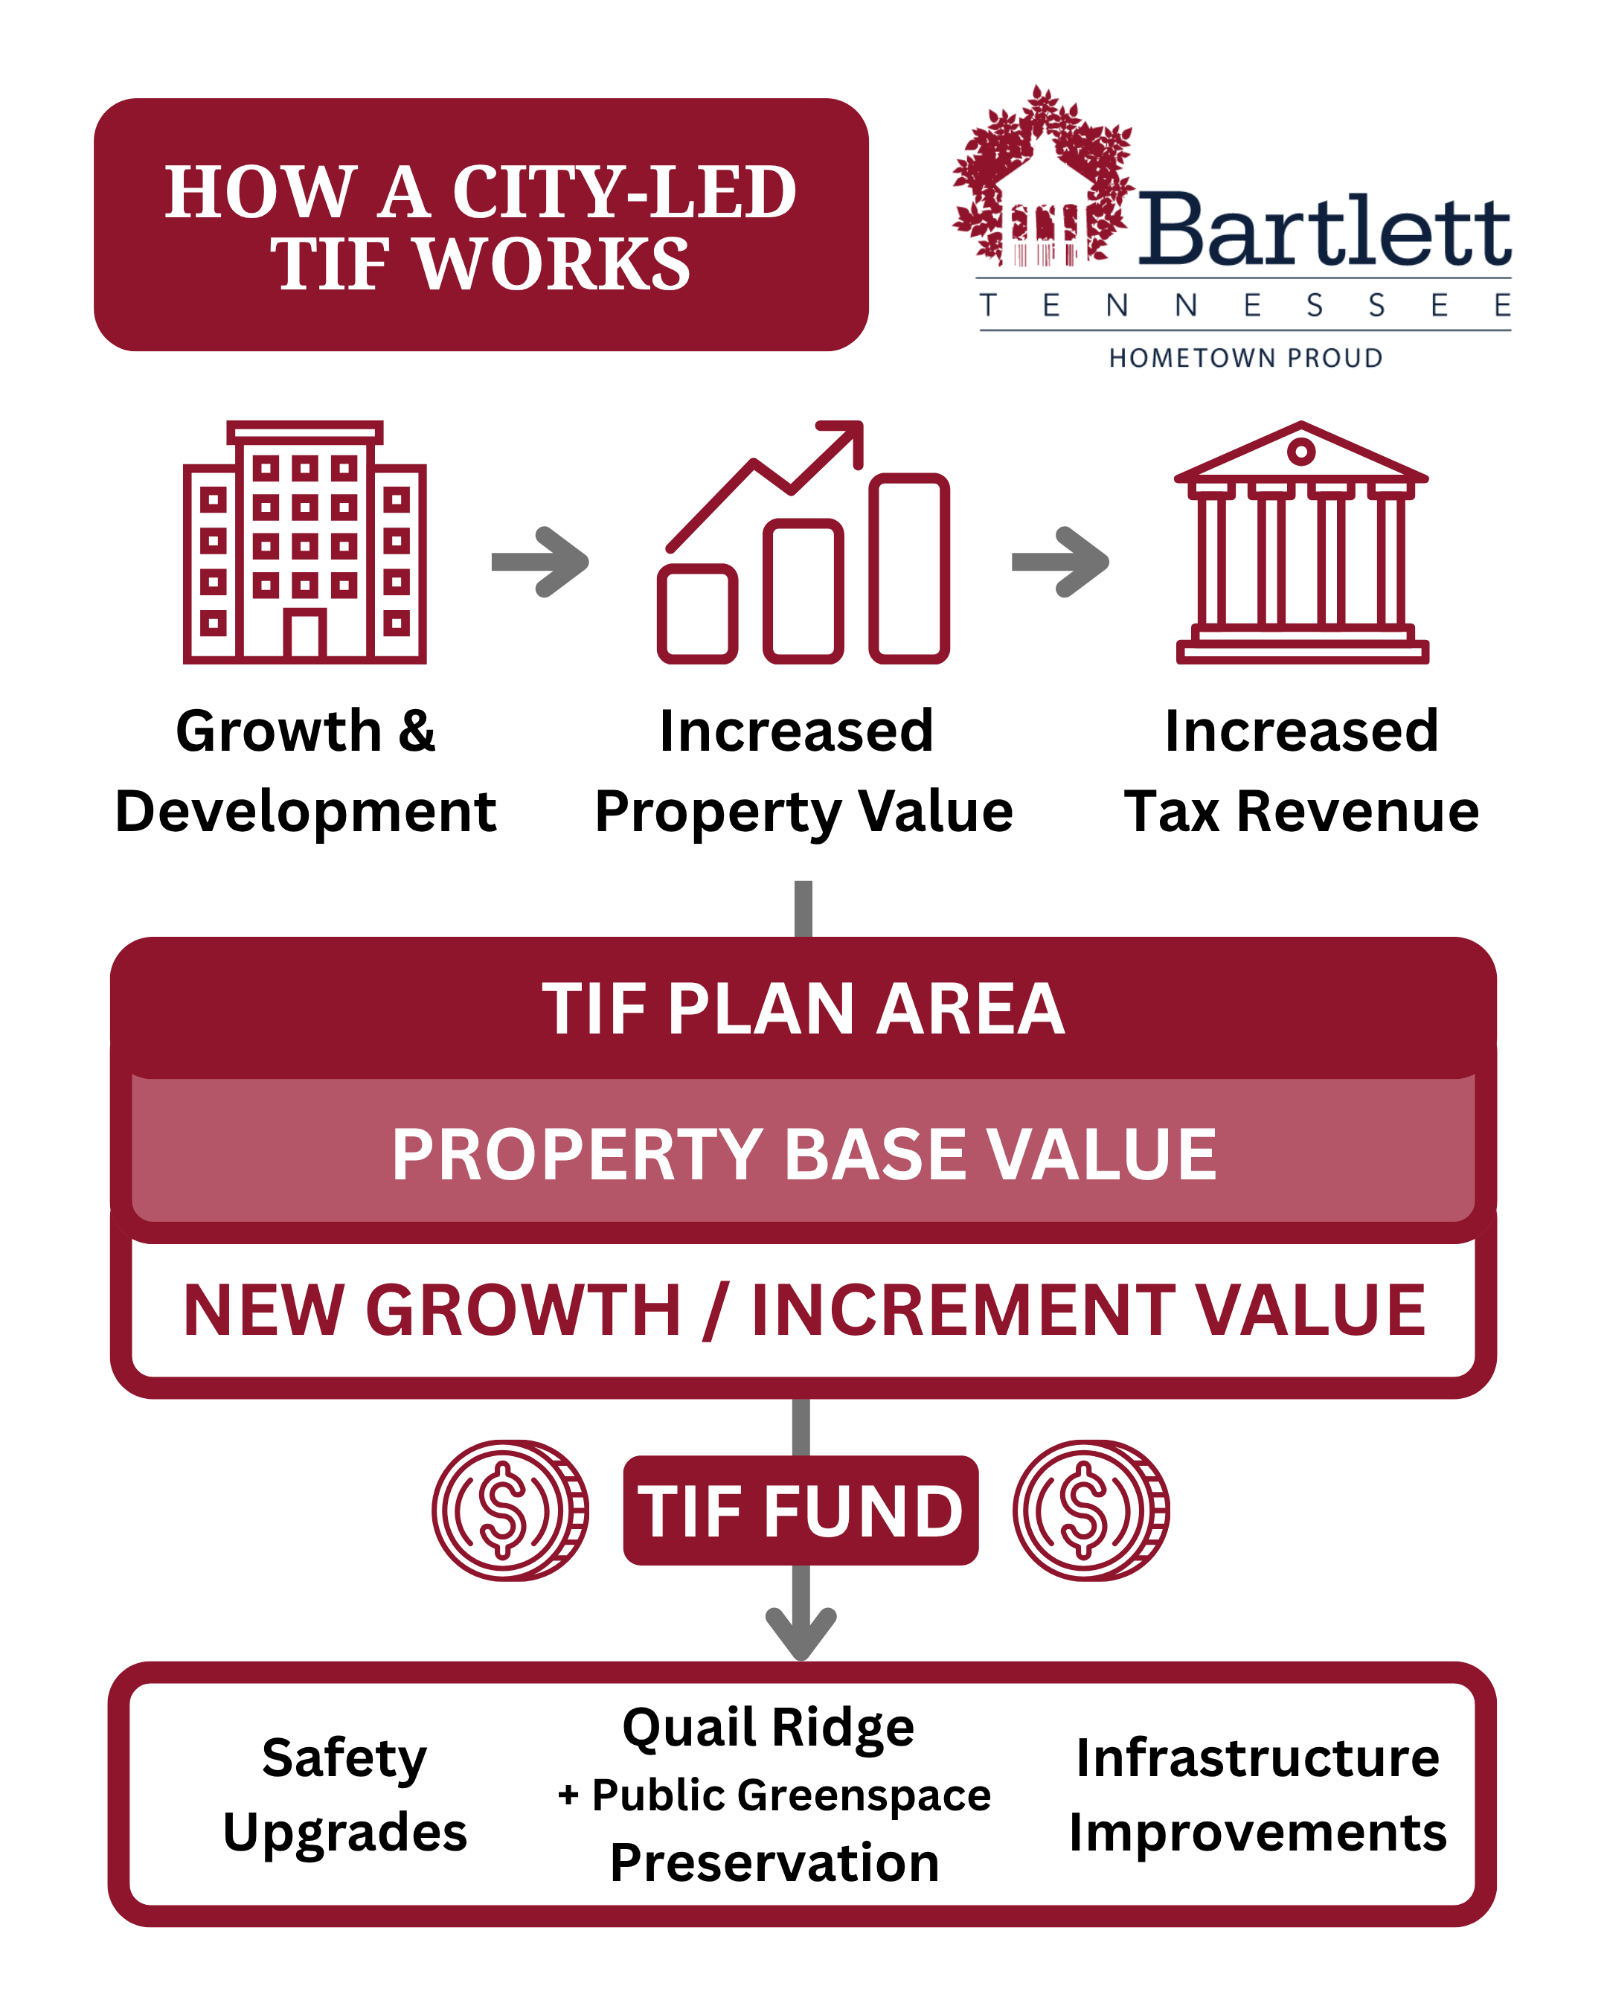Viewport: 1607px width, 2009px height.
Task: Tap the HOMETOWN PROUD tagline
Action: coord(1245,358)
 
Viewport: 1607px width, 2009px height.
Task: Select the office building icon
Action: coord(304,542)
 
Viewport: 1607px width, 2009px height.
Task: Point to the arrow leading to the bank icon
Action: coord(1061,561)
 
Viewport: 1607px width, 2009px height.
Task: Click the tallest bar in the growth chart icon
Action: coord(909,568)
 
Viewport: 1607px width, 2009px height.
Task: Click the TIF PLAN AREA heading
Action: coord(803,1009)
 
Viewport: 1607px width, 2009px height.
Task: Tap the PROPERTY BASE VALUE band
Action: coord(803,1153)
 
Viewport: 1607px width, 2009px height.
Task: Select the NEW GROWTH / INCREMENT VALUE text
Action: coord(803,1310)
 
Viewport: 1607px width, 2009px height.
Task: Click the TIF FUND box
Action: coord(801,1510)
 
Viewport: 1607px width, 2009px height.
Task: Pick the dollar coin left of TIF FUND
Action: coord(509,1510)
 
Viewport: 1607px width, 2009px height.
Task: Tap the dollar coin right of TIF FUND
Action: coord(1091,1510)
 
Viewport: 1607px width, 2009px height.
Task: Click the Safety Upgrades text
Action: coord(344,1795)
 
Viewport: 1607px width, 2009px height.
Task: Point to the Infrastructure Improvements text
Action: coord(1257,1795)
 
